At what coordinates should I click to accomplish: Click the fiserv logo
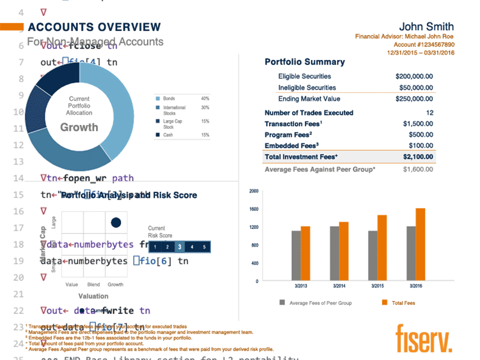pyautogui.click(x=423, y=338)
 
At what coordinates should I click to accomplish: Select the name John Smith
pyautogui.click(x=426, y=27)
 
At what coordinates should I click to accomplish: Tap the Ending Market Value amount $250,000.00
pyautogui.click(x=414, y=99)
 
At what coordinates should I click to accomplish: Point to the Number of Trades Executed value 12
pyautogui.click(x=429, y=113)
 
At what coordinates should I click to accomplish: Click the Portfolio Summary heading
pyautogui.click(x=304, y=62)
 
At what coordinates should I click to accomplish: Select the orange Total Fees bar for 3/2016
pyautogui.click(x=420, y=244)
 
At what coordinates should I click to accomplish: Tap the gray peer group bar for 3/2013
pyautogui.click(x=296, y=255)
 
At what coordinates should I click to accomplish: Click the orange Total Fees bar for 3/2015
pyautogui.click(x=382, y=248)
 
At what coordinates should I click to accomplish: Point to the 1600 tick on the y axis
pyautogui.click(x=253, y=209)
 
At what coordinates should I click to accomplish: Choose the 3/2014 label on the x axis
pyautogui.click(x=339, y=286)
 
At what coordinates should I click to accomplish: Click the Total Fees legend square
pyautogui.click(x=384, y=303)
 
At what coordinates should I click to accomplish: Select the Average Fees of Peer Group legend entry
pyautogui.click(x=318, y=303)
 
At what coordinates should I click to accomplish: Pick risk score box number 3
pyautogui.click(x=179, y=246)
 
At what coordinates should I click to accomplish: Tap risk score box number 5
pyautogui.click(x=204, y=246)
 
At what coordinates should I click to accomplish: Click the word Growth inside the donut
pyautogui.click(x=79, y=127)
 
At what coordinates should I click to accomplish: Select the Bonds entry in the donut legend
pyautogui.click(x=169, y=98)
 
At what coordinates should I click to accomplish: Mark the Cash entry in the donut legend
pyautogui.click(x=168, y=135)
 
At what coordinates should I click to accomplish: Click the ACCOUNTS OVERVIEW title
pyautogui.click(x=94, y=27)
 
